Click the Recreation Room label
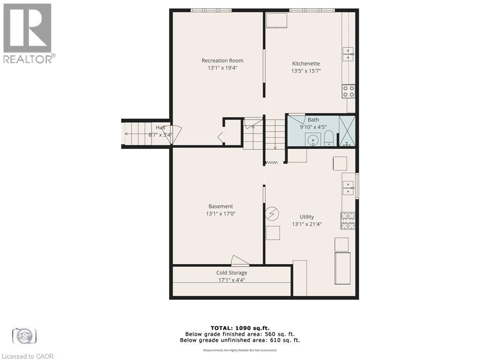[222, 60]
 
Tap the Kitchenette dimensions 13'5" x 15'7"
[306, 71]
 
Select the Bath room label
[313, 120]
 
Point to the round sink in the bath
[313, 139]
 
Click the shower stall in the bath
[347, 131]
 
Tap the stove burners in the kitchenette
[348, 91]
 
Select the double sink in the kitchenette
[348, 54]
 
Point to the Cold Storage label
[232, 273]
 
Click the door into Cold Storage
[240, 261]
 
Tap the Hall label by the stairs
[160, 127]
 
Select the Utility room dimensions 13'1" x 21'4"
[307, 224]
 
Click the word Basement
[220, 206]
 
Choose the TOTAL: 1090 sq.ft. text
[240, 328]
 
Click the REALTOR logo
[28, 33]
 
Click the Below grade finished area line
[240, 334]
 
